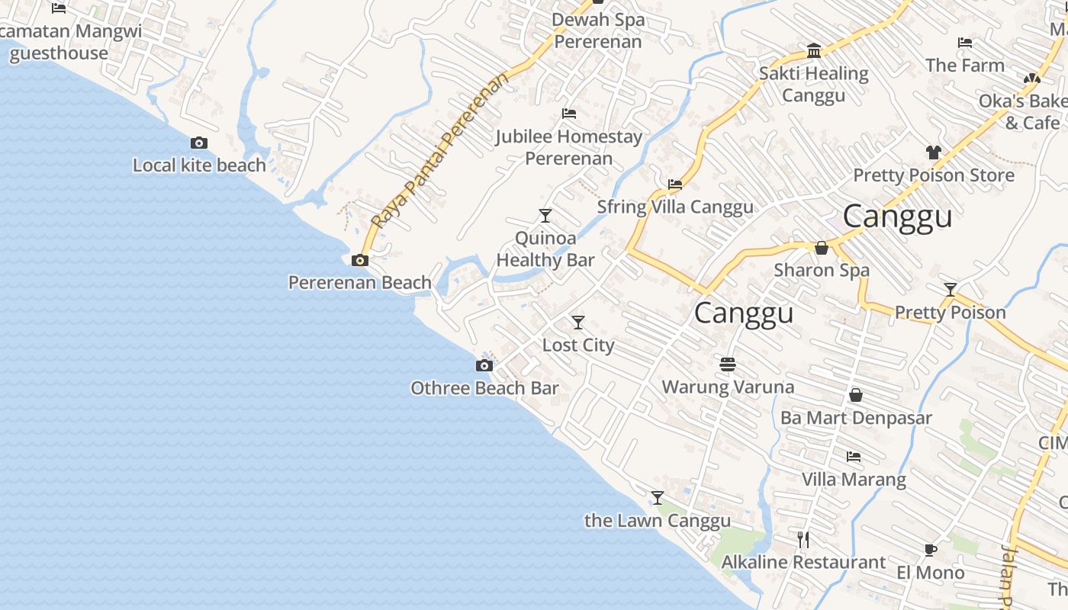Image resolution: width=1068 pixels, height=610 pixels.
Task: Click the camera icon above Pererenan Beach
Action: tap(359, 261)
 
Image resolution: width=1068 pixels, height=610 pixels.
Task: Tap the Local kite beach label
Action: tap(199, 165)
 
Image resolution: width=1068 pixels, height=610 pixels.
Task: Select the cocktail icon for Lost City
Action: tap(578, 323)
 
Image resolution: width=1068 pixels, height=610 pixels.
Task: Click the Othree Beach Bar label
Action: tap(484, 388)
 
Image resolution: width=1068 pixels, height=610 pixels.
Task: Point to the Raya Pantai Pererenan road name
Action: tap(439, 152)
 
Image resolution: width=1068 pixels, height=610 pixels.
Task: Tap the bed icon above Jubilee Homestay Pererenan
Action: tap(568, 114)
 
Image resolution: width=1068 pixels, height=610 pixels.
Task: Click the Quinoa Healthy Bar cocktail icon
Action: tap(545, 216)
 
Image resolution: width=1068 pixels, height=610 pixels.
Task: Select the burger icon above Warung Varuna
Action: tap(727, 364)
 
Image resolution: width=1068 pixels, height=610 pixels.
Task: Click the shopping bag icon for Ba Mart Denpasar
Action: tap(855, 396)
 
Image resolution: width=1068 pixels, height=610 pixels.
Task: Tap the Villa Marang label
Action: tap(854, 480)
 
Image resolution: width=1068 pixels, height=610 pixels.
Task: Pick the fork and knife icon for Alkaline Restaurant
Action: tap(803, 540)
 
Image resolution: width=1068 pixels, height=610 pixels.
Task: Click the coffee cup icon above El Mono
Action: tap(930, 550)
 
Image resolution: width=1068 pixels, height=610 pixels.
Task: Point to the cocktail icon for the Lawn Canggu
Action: tap(657, 498)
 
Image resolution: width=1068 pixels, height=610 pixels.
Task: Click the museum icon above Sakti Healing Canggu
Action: tap(814, 51)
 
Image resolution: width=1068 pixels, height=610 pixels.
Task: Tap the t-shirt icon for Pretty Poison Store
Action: tap(933, 152)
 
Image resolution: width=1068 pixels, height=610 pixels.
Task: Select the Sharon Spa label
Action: tap(822, 270)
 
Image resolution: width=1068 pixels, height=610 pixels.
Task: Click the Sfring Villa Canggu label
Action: tap(675, 207)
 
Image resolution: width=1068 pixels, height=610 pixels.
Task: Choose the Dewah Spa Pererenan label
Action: tap(598, 30)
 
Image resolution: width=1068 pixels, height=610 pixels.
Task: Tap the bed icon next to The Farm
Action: tap(965, 43)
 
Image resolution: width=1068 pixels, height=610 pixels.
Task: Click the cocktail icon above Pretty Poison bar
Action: tap(950, 290)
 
